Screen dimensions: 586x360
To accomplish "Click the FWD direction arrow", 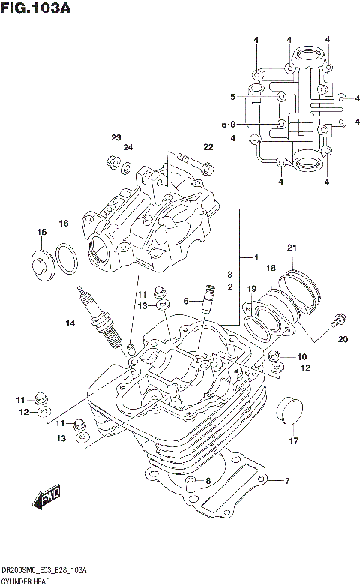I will pyautogui.click(x=47, y=498).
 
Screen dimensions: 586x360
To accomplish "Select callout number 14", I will pyautogui.click(x=70, y=323).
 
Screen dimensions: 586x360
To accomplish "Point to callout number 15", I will pyautogui.click(x=42, y=232).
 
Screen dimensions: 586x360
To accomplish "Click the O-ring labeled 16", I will pyautogui.click(x=67, y=260).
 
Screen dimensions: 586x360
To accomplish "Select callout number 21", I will pyautogui.click(x=292, y=248).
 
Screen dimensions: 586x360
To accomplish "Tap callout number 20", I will pyautogui.click(x=343, y=340).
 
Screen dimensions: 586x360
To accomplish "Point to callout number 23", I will pyautogui.click(x=116, y=137).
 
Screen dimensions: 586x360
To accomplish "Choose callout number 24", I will pyautogui.click(x=128, y=147).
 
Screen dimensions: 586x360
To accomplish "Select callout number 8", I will pyautogui.click(x=208, y=481).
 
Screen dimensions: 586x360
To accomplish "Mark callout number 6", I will pyautogui.click(x=185, y=301).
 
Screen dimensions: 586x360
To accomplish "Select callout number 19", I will pyautogui.click(x=253, y=289).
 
